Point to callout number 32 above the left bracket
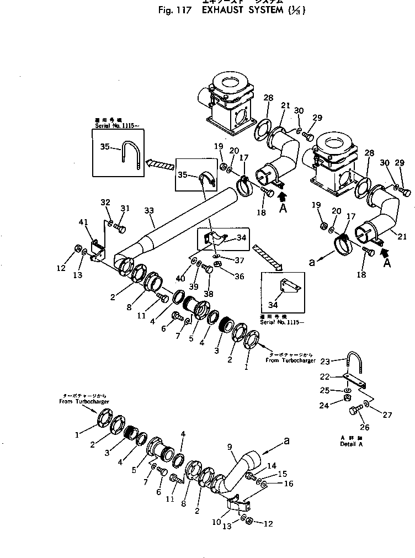coord(106,203)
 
